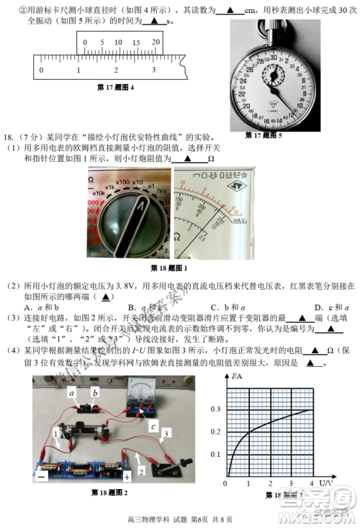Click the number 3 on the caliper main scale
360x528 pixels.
point(153,70)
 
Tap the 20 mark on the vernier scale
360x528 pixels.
point(156,42)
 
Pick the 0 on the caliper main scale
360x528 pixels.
point(41,70)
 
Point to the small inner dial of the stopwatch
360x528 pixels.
point(275,73)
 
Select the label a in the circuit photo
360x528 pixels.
point(72,393)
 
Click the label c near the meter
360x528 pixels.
point(153,426)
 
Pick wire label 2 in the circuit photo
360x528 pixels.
point(142,470)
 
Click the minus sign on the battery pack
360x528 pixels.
point(42,475)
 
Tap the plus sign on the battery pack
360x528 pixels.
point(127,476)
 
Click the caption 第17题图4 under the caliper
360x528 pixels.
point(115,88)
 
